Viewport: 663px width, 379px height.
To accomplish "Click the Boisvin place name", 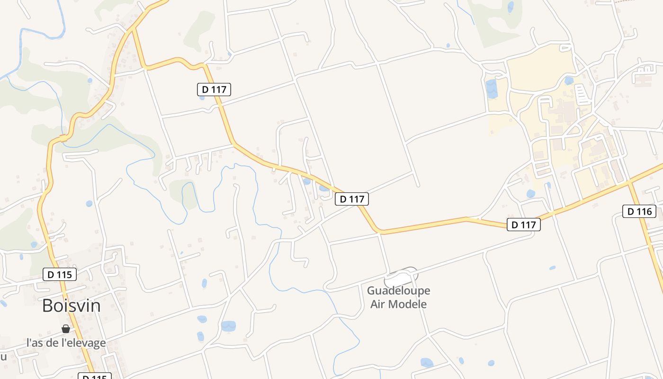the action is [71, 306].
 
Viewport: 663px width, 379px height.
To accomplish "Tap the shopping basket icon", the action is [66, 329].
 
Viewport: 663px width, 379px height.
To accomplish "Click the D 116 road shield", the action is [639, 211].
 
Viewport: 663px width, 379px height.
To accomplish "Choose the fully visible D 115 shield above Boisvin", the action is [59, 274].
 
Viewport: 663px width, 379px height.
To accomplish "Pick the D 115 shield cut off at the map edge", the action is [94, 376].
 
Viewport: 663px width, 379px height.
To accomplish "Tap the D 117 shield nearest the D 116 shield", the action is [523, 225].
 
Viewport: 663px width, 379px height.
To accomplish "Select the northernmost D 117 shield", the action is [214, 89].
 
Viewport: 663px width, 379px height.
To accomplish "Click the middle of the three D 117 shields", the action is [351, 199].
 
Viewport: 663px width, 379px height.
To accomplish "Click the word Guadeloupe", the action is [398, 290].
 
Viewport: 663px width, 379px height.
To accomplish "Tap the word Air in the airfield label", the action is [378, 304].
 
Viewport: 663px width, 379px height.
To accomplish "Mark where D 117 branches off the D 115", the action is [134, 29].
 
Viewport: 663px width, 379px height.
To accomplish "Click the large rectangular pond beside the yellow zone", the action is [491, 89].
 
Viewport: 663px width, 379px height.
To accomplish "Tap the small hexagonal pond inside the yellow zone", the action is [568, 81].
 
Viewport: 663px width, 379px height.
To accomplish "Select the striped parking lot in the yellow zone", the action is [583, 93].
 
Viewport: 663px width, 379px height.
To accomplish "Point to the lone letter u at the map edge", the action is [3, 356].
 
